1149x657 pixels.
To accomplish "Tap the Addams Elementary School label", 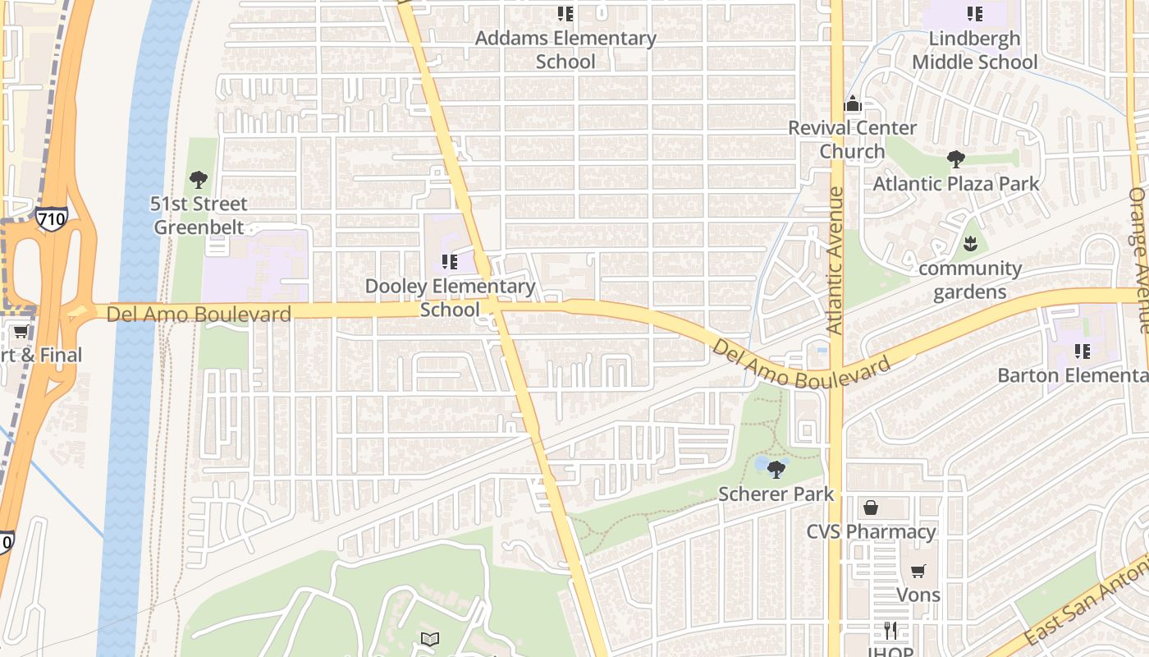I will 565,49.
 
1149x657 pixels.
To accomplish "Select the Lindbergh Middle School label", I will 974,50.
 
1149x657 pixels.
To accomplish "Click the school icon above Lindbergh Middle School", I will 974,14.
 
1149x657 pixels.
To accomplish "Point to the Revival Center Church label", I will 852,140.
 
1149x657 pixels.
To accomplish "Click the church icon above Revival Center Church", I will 853,103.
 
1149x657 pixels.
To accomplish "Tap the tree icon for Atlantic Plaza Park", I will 955,159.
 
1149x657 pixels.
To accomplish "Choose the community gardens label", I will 969,280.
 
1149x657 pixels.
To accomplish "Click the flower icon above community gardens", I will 970,244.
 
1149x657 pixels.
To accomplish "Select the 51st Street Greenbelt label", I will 199,215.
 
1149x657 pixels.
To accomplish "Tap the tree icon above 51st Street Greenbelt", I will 198,179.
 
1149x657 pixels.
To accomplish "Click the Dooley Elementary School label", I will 450,297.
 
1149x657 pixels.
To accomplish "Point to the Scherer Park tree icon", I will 776,470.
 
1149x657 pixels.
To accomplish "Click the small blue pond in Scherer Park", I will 761,464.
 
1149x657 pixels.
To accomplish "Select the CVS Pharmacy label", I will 871,531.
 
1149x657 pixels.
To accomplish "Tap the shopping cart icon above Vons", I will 918,571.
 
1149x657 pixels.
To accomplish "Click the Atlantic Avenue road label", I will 835,260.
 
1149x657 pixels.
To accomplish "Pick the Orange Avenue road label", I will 1138,260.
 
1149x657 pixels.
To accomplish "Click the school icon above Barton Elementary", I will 1083,351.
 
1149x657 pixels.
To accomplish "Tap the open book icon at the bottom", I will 430,639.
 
